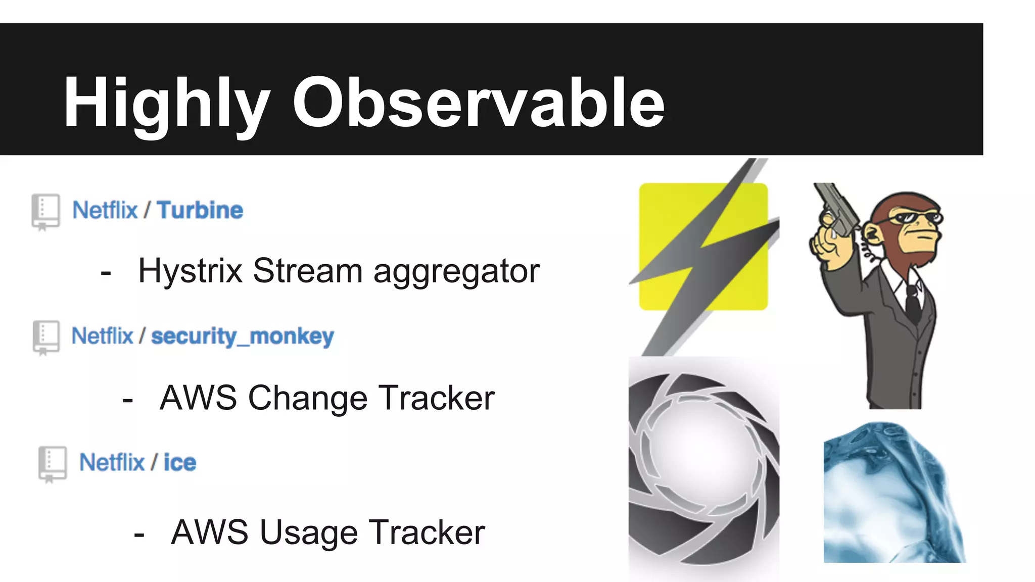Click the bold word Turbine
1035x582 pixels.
coord(200,210)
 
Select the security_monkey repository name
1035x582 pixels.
coord(243,336)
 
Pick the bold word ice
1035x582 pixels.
coord(179,463)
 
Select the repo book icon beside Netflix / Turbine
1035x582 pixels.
coord(45,211)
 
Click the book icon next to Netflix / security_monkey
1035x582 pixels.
coord(46,337)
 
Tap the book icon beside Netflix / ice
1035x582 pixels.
coord(52,463)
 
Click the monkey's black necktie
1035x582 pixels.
coord(912,303)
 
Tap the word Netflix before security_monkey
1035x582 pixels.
coord(102,336)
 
